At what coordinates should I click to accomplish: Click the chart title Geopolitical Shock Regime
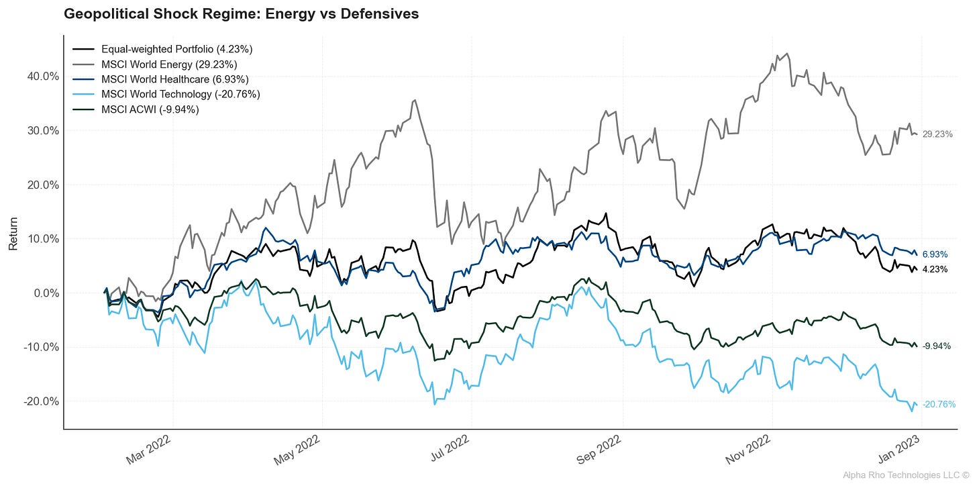coord(241,14)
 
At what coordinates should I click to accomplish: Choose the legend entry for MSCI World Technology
coord(180,94)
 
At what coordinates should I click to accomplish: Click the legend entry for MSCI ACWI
coord(150,109)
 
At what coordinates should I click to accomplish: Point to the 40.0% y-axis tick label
coord(42,77)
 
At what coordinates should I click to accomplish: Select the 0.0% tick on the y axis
coord(44,293)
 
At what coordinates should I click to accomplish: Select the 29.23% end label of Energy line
coord(937,135)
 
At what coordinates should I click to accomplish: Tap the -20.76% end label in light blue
coord(939,405)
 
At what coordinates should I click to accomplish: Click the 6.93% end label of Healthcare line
coord(935,255)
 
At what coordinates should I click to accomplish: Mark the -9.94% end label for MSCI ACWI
coord(937,346)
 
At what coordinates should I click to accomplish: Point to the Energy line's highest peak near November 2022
coord(786,54)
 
